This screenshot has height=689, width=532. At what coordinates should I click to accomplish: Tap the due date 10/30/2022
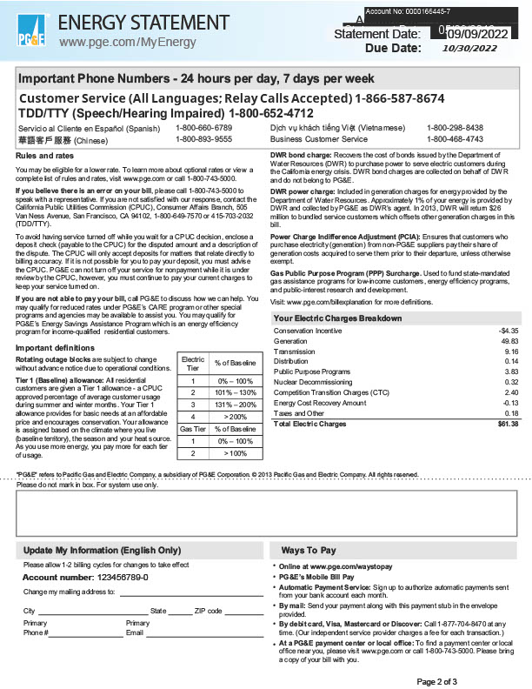(469, 49)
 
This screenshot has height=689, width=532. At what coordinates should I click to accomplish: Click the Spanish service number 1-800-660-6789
(203, 128)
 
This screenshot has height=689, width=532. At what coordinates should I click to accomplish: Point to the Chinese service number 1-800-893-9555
(203, 139)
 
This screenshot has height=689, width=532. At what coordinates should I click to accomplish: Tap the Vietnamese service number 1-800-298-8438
(455, 128)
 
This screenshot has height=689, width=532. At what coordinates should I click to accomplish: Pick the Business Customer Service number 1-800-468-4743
(455, 139)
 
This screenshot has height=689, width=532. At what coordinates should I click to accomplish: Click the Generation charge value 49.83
(509, 342)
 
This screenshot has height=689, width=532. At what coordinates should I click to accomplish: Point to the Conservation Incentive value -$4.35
(508, 331)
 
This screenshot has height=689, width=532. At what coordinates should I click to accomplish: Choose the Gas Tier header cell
(192, 430)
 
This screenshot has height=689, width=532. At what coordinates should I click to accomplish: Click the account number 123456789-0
(110, 577)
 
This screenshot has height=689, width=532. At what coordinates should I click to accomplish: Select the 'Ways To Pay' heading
(308, 551)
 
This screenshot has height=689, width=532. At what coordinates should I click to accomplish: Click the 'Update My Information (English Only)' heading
(97, 551)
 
